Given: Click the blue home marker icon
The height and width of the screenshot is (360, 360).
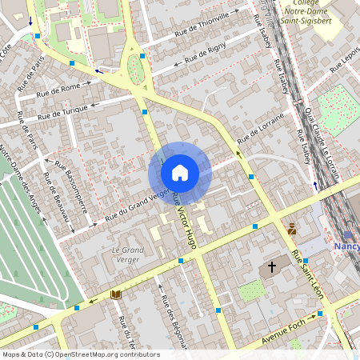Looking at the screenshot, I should pyautogui.click(x=180, y=173).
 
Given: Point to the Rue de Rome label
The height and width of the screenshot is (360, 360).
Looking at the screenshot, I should pyautogui.click(x=59, y=90).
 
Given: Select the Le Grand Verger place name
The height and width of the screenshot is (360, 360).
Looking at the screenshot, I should pyautogui.click(x=126, y=254).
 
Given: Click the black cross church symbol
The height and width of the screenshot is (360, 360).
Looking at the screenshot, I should pyautogui.click(x=271, y=266).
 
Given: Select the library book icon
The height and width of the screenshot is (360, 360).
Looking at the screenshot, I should pyautogui.click(x=116, y=294).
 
